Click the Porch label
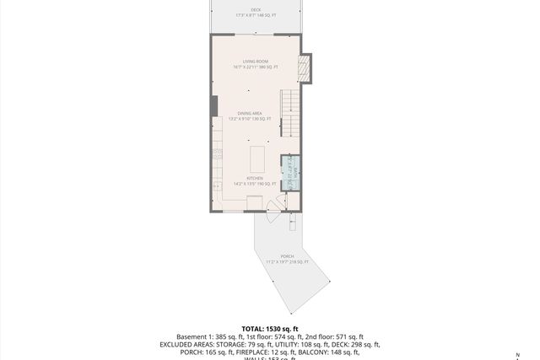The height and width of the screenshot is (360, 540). (x=288, y=259)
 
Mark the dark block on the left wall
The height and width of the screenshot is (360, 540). (x=213, y=105)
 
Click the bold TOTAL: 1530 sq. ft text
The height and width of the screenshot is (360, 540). (x=270, y=329)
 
